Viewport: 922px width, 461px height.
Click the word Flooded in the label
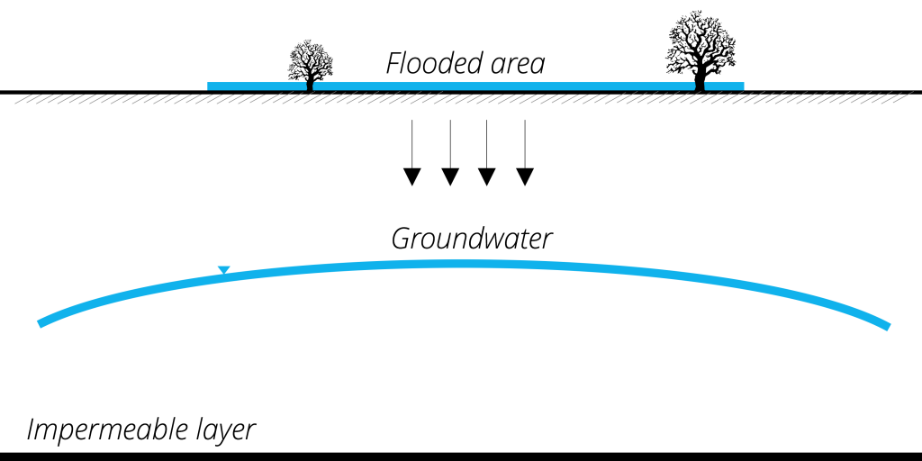pos(422,64)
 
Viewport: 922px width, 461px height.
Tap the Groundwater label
pos(471,240)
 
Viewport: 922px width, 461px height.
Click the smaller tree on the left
pos(311,63)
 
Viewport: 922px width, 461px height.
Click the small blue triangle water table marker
pos(224,269)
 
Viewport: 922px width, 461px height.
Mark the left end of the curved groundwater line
pos(41,322)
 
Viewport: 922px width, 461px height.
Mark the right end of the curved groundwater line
pos(887,325)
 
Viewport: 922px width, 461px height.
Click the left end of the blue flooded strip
pos(210,86)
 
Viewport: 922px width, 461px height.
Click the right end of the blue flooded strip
pos(742,86)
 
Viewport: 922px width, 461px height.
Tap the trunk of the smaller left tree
pos(311,84)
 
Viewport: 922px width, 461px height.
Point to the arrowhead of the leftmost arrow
pos(411,176)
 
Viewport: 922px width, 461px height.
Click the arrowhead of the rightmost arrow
pos(525,176)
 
